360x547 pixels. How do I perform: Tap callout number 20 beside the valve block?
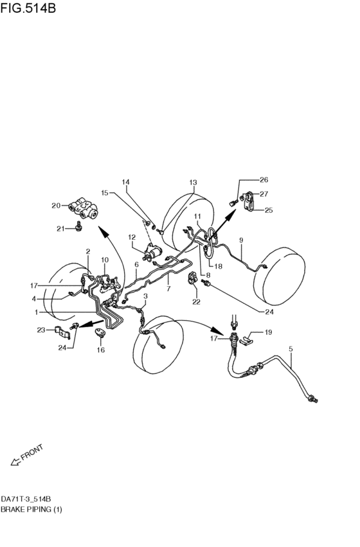55,206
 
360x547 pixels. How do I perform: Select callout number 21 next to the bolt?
59,228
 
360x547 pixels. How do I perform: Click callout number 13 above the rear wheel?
193,183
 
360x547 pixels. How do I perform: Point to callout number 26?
264,179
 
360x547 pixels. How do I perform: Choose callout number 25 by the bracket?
269,210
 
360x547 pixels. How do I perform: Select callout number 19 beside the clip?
268,332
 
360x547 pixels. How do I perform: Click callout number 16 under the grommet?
100,350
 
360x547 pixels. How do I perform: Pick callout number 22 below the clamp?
196,301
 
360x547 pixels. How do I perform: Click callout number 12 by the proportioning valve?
131,237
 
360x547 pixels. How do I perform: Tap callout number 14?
126,182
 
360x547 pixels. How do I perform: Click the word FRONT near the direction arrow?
32,453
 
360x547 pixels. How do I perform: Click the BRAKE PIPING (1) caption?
32,509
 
